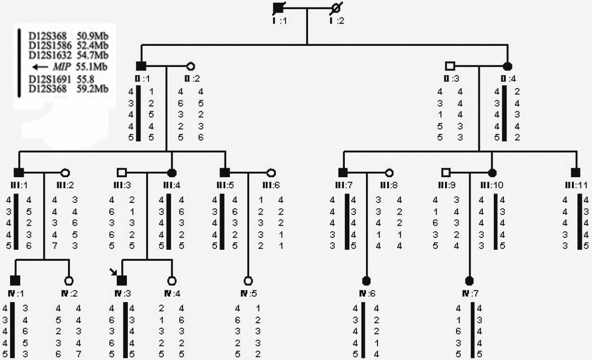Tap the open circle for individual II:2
(190, 66)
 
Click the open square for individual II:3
(450, 66)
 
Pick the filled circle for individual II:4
(508, 66)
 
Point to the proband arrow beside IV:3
(114, 272)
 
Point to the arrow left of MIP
(38, 66)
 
